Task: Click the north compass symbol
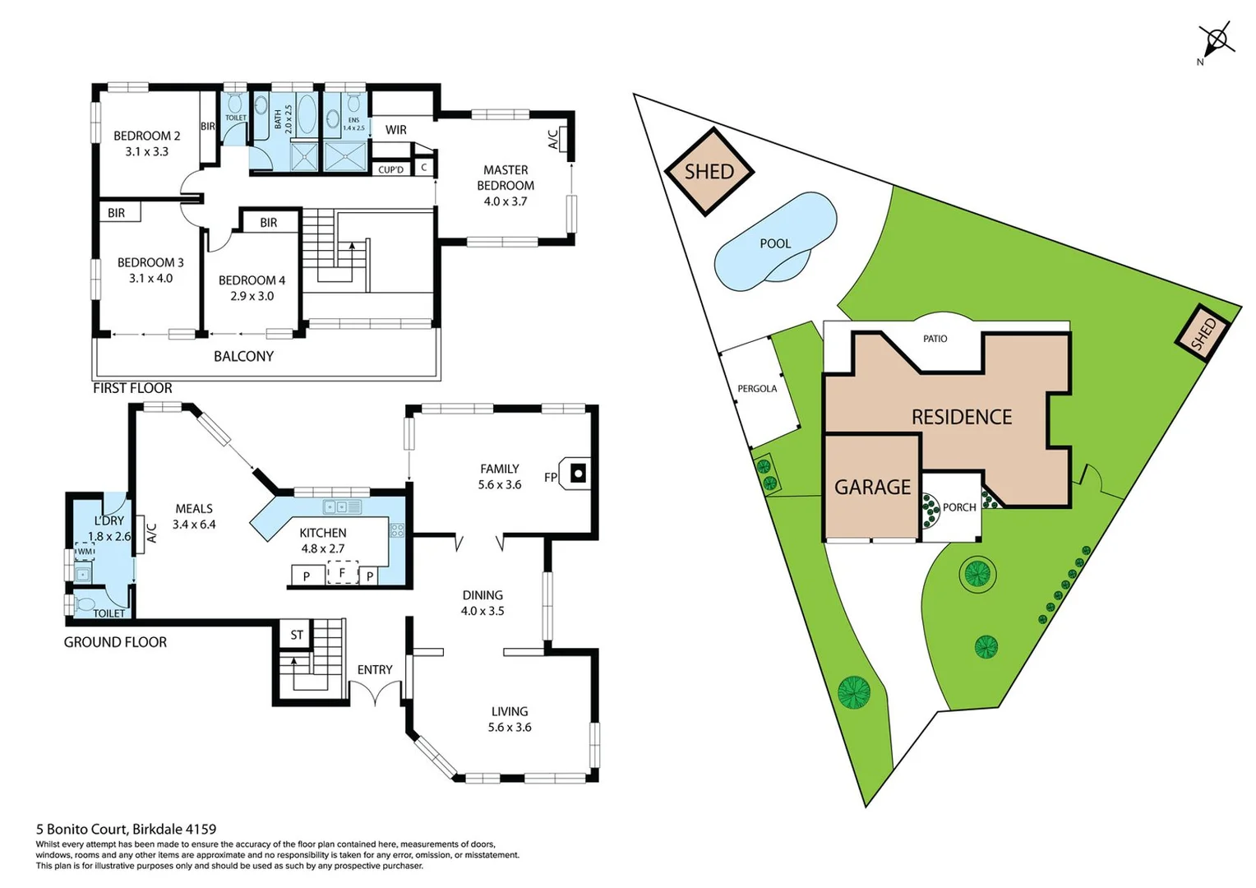tap(1216, 39)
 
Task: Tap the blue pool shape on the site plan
tap(774, 243)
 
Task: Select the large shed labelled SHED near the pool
tap(709, 172)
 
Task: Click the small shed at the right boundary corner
tap(1202, 335)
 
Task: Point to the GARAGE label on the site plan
tap(872, 488)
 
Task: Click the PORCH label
tap(958, 507)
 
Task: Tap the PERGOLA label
tap(756, 389)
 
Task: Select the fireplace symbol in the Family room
tap(578, 474)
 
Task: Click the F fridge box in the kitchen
tap(342, 572)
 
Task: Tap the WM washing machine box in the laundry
tap(85, 552)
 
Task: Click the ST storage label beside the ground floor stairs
tap(297, 635)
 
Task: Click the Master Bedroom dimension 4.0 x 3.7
tap(505, 201)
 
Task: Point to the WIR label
tap(395, 130)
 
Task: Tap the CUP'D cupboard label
tap(390, 170)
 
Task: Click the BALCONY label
tap(243, 356)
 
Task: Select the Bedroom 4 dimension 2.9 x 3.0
tap(252, 296)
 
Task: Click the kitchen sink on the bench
tap(342, 507)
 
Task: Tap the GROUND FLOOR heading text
tap(115, 642)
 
